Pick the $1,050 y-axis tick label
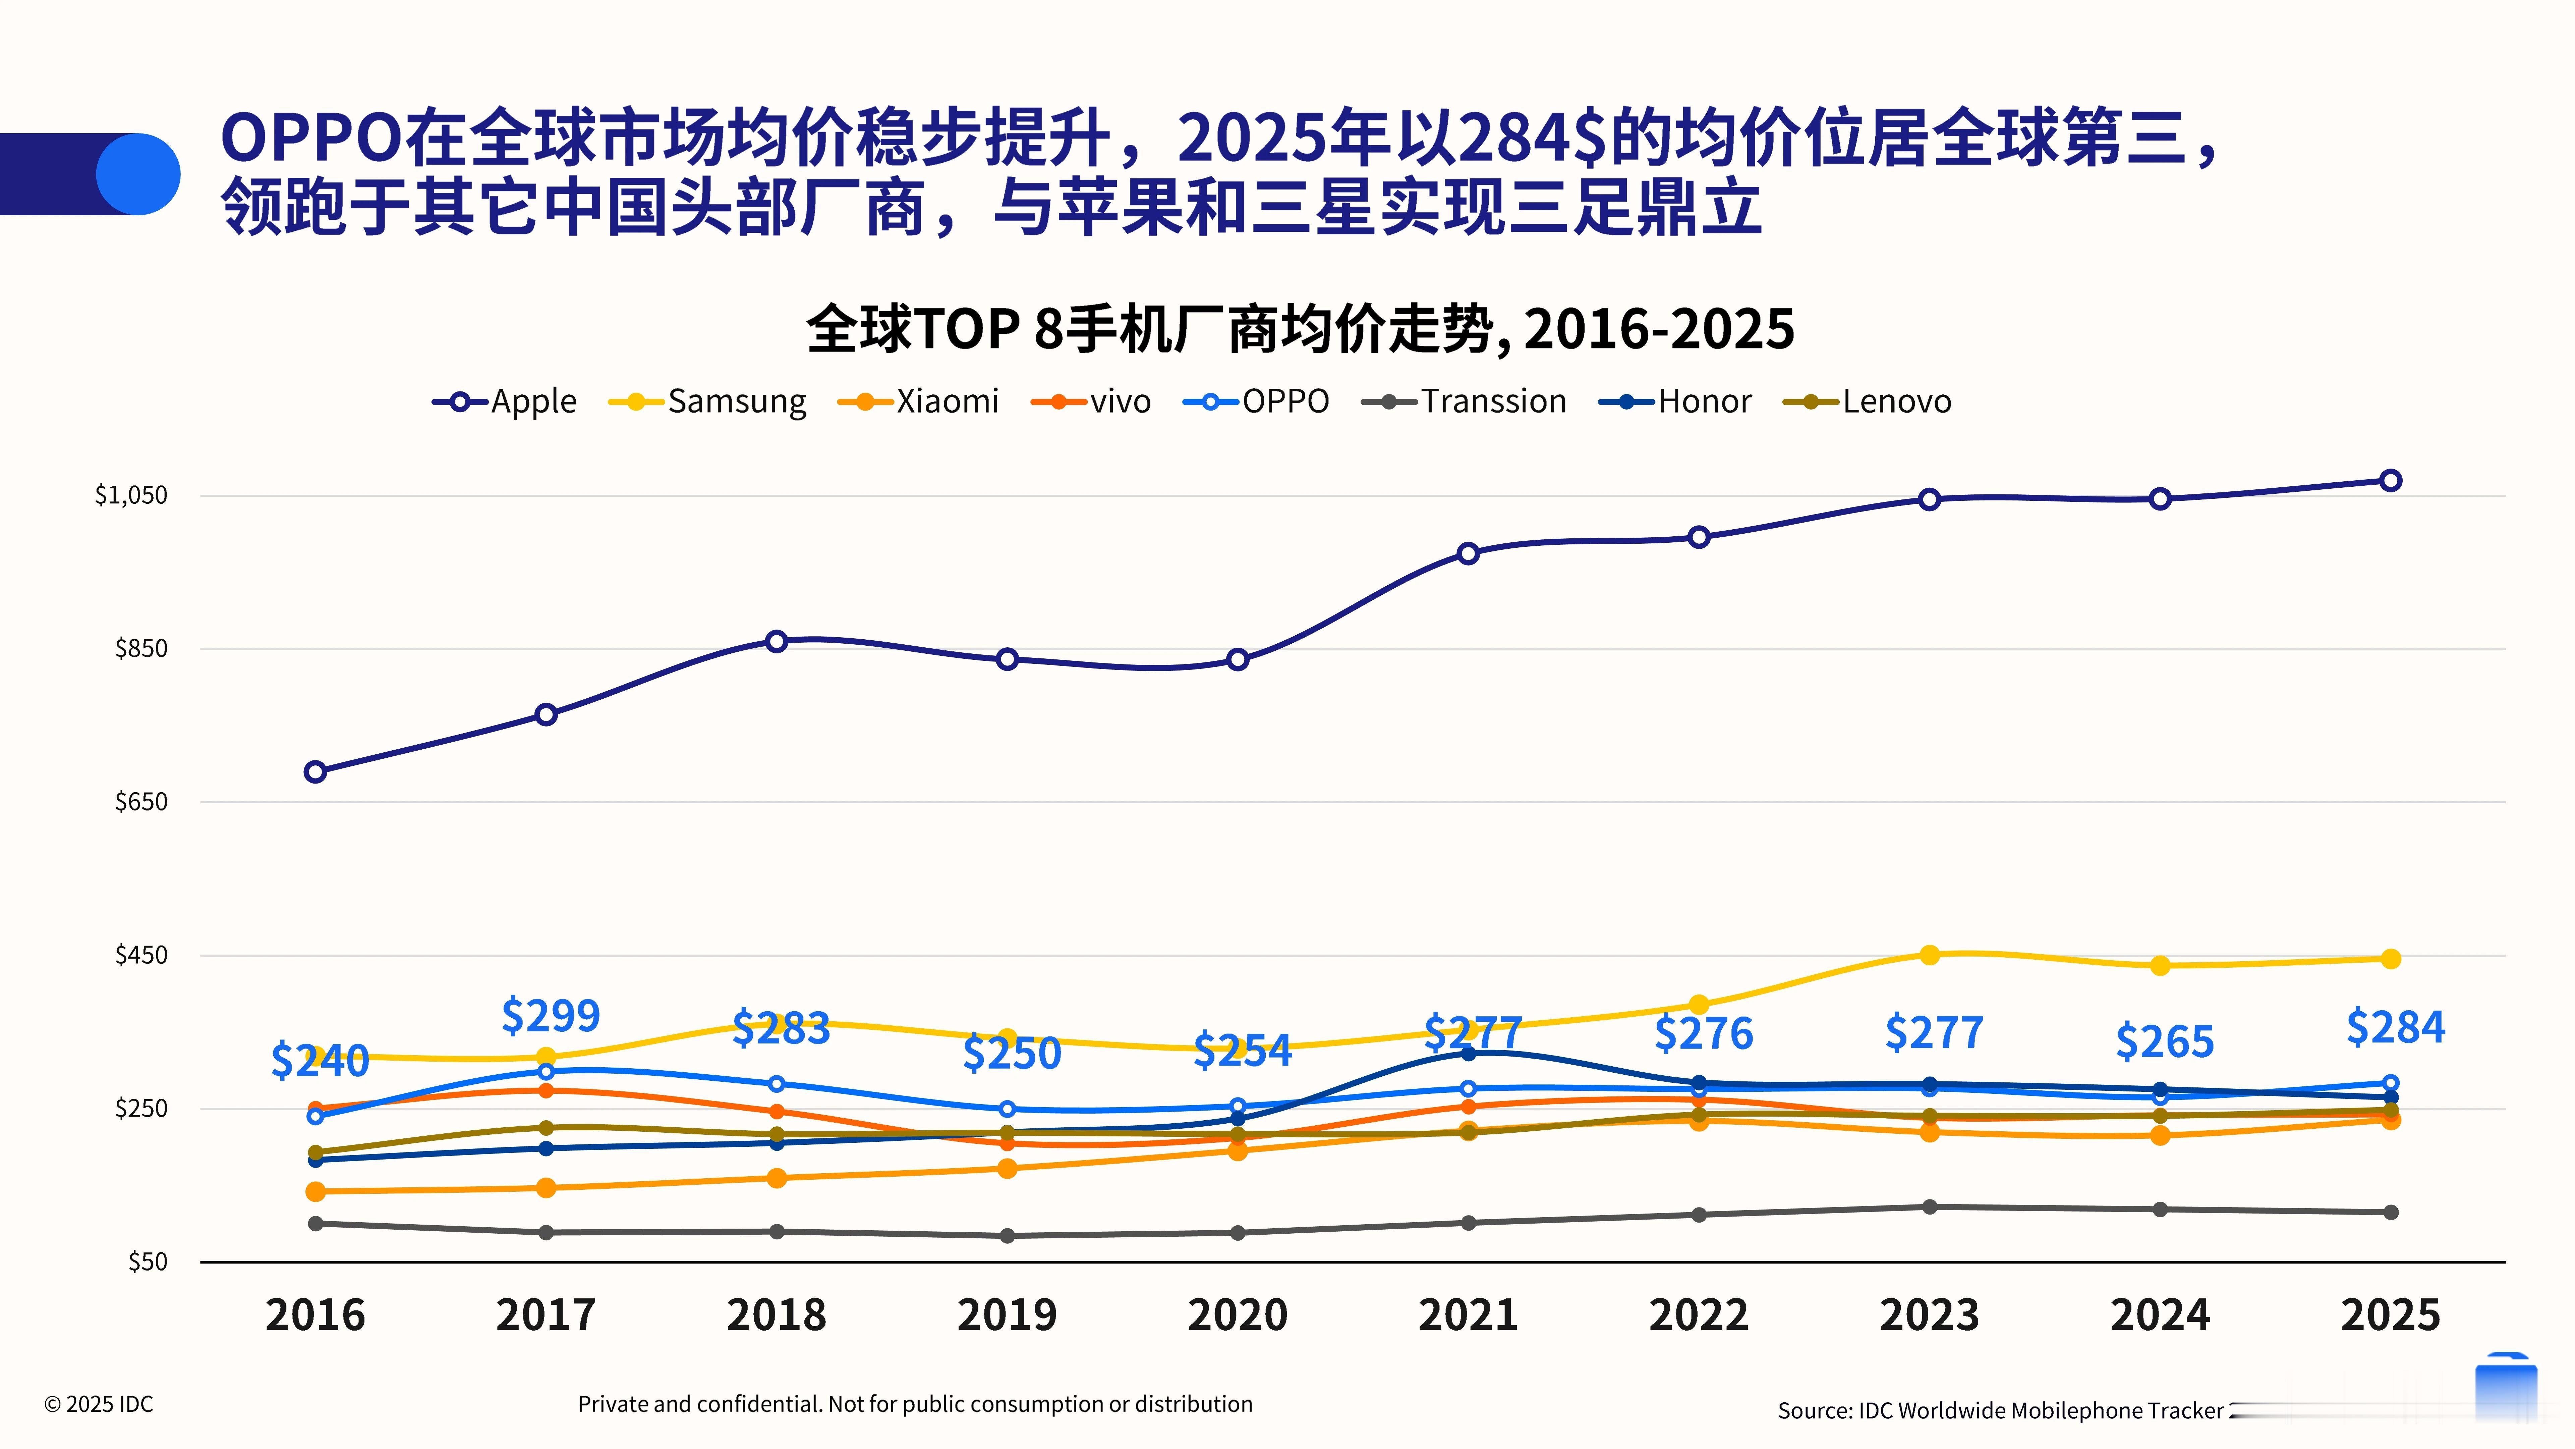(131, 495)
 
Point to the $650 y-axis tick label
(141, 801)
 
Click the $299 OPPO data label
(551, 1016)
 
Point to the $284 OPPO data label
(2395, 1027)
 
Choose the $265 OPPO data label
(2164, 1042)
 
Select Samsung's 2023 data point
(1929, 955)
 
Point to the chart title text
(1300, 329)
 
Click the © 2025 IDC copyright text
(99, 1404)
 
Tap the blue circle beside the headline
(138, 174)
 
